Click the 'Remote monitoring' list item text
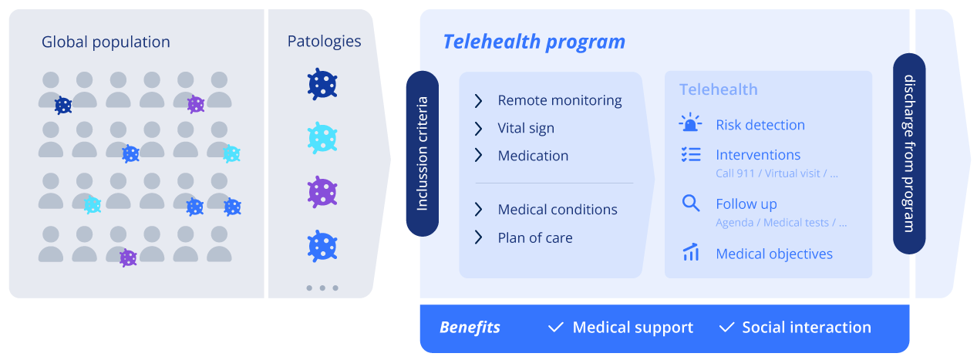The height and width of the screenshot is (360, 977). click(559, 100)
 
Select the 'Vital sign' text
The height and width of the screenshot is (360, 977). click(526, 128)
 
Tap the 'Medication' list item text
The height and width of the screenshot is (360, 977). click(533, 156)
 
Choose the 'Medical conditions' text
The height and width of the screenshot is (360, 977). click(558, 210)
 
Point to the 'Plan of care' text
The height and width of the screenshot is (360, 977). click(535, 237)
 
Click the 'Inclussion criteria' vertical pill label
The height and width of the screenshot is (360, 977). click(422, 153)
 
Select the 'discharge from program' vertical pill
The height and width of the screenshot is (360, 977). click(909, 153)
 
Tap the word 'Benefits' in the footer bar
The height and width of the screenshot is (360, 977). click(470, 328)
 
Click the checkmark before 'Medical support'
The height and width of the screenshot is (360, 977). click(555, 328)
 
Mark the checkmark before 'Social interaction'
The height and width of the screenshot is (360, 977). click(726, 328)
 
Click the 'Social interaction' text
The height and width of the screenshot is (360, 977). click(807, 328)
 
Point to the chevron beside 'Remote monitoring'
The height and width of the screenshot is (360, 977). click(478, 100)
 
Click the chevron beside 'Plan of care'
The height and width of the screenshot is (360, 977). click(478, 237)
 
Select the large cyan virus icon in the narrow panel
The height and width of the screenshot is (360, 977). click(322, 138)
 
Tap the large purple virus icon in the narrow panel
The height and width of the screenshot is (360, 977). click(322, 192)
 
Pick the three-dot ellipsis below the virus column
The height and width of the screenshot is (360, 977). click(322, 288)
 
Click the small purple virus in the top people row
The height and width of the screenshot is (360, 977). click(196, 104)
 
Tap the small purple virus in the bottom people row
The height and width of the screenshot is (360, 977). click(128, 257)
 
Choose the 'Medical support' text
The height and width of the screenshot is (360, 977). click(632, 328)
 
